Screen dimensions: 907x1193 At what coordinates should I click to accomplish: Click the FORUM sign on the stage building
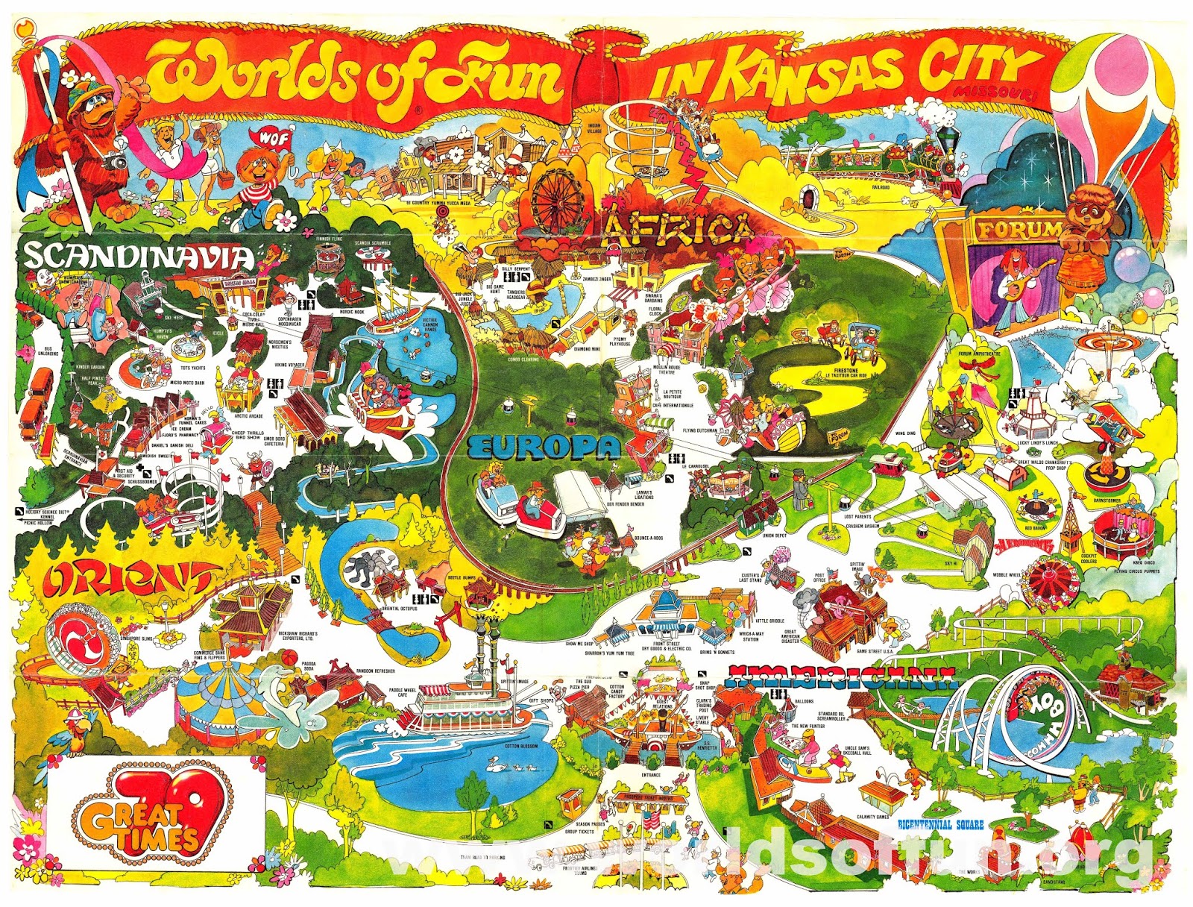pos(1019,230)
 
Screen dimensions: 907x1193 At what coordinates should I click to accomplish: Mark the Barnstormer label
pos(1107,501)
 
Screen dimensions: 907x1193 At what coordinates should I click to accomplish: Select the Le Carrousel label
pos(696,467)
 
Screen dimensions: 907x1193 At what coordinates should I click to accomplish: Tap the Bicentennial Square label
pos(940,825)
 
